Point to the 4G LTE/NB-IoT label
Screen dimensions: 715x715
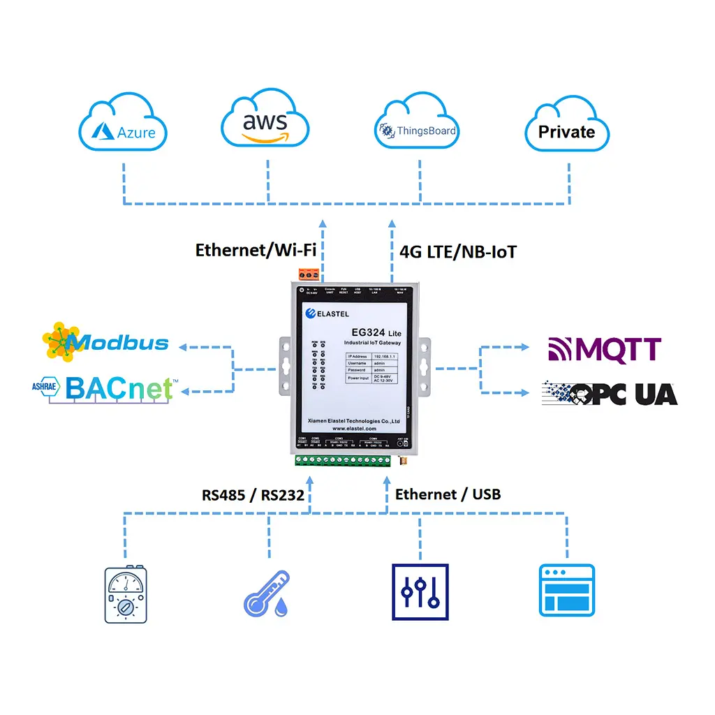459,251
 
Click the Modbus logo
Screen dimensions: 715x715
106,341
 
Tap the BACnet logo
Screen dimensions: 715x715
105,388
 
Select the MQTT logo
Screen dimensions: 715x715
605,348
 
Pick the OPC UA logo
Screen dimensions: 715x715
610,394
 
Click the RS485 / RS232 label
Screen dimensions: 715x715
253,495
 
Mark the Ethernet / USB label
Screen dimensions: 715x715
448,494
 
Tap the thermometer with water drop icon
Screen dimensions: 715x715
267,594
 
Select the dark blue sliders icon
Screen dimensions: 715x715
420,592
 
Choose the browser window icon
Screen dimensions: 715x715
566,591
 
